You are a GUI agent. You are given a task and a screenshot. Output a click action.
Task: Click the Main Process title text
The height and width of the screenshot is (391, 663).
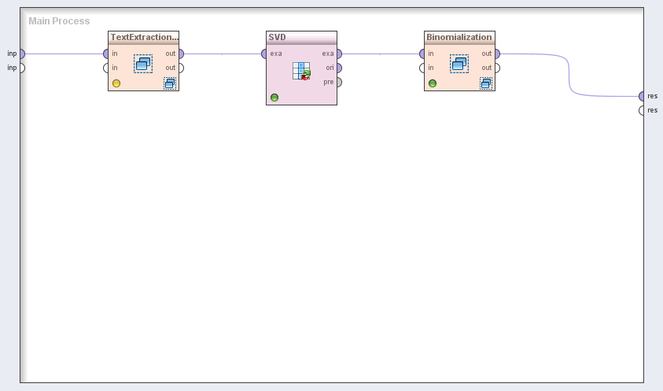[x=59, y=21]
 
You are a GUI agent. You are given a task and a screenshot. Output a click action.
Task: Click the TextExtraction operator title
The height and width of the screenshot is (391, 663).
[x=144, y=37]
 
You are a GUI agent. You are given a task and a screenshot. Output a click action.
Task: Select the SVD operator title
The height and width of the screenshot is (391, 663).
[x=277, y=37]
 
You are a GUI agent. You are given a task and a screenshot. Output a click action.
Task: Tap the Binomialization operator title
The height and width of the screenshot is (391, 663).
[x=459, y=37]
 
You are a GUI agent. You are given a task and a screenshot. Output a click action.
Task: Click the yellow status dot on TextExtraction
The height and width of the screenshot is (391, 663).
[x=116, y=83]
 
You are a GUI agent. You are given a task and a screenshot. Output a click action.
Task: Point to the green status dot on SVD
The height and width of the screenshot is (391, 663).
[x=274, y=98]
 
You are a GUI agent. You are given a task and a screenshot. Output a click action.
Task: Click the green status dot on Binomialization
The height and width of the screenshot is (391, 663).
[x=433, y=83]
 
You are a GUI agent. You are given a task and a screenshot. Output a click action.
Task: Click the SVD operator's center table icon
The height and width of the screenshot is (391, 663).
[x=301, y=70]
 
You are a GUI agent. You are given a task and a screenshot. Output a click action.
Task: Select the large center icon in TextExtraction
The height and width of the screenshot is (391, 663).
[x=142, y=64]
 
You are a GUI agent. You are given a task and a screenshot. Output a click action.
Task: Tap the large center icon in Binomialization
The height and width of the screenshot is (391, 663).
[x=459, y=64]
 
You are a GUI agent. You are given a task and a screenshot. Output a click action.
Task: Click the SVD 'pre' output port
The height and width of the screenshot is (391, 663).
[x=339, y=82]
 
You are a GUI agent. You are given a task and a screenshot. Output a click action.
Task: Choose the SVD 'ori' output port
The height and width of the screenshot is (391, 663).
[x=339, y=68]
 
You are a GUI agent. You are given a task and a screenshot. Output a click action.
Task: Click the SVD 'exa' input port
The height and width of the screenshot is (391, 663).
[x=265, y=53]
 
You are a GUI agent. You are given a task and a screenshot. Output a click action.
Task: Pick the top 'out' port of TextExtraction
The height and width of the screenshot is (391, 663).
[x=181, y=53]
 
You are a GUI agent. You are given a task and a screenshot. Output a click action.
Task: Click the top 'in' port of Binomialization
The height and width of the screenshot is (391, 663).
[x=422, y=53]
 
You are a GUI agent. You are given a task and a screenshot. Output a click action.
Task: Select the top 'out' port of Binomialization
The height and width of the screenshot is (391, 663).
[x=497, y=53]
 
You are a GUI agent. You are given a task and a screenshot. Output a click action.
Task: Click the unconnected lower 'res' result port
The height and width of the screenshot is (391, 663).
[x=642, y=110]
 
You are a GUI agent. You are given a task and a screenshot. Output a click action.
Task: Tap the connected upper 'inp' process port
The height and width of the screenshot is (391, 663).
[x=21, y=53]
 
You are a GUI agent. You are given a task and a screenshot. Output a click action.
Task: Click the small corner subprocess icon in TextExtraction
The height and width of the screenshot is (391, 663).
[x=169, y=83]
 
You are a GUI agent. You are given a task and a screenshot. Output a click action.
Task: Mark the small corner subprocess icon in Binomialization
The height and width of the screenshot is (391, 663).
[x=485, y=83]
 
